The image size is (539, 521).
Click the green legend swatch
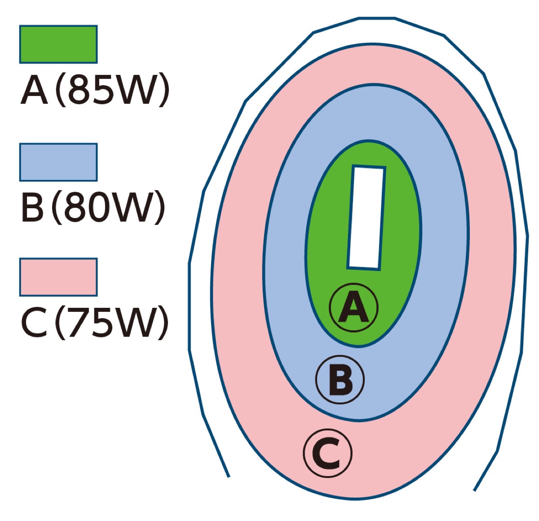[x=58, y=44]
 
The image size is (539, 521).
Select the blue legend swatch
[x=58, y=162]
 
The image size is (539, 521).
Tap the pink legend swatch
[x=58, y=277]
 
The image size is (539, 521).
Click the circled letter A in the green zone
[x=354, y=307]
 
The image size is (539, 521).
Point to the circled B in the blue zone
[x=340, y=380]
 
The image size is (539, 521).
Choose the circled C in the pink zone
[x=327, y=453]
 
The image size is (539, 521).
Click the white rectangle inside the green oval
[x=367, y=218]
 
